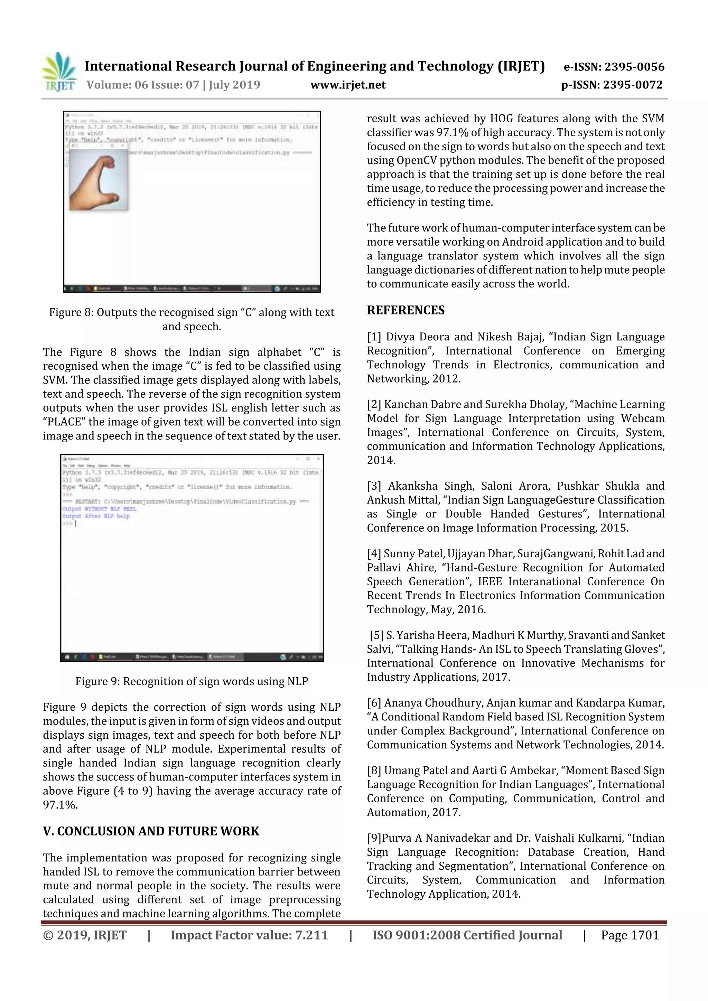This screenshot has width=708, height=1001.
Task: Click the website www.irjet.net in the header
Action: [348, 85]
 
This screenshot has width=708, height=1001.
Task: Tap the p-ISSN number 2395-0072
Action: [633, 85]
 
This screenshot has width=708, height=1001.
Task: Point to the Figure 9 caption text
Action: [192, 681]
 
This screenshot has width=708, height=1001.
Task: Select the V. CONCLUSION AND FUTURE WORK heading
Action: [151, 831]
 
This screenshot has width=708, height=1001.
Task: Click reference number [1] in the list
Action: [374, 337]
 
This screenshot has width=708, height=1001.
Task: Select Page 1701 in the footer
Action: [630, 935]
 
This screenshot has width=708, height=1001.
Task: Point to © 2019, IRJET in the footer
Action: [85, 935]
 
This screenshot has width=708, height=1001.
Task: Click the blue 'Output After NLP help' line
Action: [96, 516]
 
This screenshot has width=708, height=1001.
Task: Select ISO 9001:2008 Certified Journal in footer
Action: [467, 935]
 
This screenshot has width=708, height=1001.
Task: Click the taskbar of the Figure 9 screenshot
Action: [192, 657]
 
